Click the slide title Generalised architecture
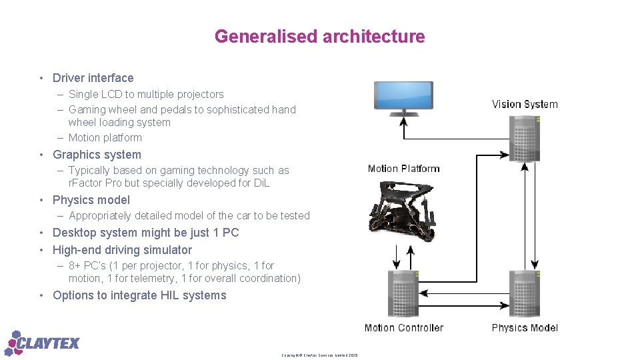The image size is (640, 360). (x=319, y=37)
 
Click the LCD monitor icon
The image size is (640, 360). (x=403, y=97)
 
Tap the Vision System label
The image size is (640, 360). (x=525, y=104)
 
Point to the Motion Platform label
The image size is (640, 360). (x=403, y=169)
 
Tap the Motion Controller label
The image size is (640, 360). (x=403, y=328)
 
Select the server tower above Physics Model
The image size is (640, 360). (x=525, y=293)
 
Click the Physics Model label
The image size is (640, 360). (x=525, y=328)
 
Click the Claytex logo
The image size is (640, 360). (x=43, y=343)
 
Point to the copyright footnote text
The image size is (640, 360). (x=319, y=355)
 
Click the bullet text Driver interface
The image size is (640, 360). (x=93, y=78)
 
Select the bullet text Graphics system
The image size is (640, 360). (x=97, y=155)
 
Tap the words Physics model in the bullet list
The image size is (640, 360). (x=91, y=200)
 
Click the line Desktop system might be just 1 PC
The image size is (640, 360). (x=145, y=233)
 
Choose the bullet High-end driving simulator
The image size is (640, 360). (x=122, y=250)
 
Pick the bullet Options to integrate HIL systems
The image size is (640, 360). (x=139, y=295)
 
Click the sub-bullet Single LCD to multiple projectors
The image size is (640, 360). (x=146, y=95)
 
